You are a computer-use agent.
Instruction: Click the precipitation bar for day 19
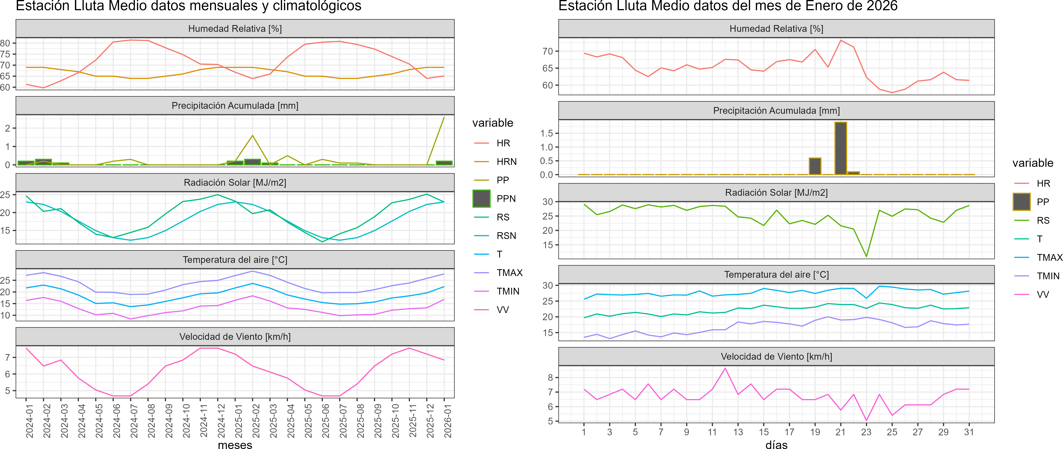[x=815, y=166]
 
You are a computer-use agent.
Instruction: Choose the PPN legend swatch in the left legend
[x=481, y=198]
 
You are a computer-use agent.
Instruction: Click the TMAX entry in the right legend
[x=1049, y=257]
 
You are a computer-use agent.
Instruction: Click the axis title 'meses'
[x=235, y=444]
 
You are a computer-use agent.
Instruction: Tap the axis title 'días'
[x=776, y=444]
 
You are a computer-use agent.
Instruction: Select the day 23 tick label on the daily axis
[x=866, y=432]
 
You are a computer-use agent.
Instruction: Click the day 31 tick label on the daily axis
[x=969, y=432]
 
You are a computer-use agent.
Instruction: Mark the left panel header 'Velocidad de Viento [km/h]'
[x=235, y=337]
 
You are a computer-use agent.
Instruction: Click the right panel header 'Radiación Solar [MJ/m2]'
[x=776, y=193]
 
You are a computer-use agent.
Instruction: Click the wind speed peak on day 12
[x=725, y=368]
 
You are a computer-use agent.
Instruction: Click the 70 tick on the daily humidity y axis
[x=548, y=51]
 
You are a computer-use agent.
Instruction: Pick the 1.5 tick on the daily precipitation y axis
[x=546, y=133]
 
